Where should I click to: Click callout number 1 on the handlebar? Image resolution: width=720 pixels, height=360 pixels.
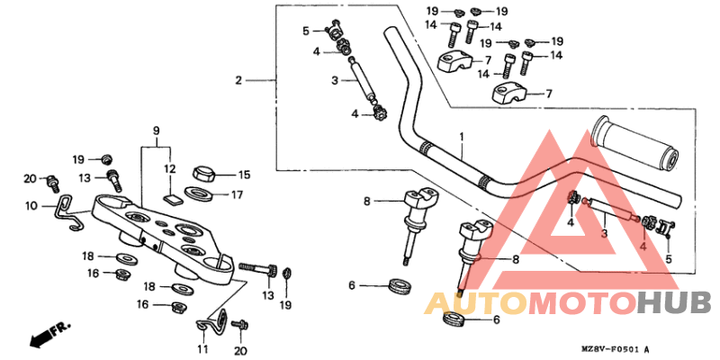(461, 137)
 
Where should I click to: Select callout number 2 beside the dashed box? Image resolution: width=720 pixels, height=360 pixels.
(238, 81)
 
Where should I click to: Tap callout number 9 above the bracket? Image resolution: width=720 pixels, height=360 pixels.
(157, 130)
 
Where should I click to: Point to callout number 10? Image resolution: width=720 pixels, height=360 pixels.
(31, 206)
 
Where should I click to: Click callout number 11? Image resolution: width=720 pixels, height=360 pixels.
(202, 348)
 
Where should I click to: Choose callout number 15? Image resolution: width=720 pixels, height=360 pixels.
(243, 175)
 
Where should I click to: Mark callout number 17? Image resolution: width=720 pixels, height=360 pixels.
(238, 193)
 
